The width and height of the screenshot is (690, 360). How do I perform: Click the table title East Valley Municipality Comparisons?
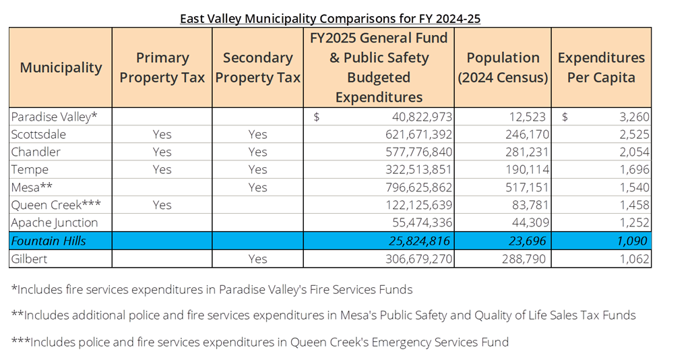coord(330,18)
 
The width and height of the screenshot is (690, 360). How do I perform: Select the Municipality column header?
coord(61,67)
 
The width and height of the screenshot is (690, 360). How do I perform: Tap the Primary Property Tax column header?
coord(162,67)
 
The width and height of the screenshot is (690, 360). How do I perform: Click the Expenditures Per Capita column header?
coord(601,67)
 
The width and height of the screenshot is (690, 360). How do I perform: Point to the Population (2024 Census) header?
coord(503,67)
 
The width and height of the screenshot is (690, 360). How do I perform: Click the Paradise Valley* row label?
coord(55,117)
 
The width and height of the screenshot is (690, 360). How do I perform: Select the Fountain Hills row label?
coord(49,241)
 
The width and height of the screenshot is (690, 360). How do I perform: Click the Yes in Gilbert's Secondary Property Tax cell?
coord(257,259)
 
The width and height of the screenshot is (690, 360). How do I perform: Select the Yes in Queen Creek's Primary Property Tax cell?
coord(162,205)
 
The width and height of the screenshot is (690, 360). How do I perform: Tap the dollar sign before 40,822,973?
coord(317,117)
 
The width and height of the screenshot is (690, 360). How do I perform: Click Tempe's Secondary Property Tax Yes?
coord(257,170)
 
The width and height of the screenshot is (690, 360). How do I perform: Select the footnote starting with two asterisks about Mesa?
coord(323,315)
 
